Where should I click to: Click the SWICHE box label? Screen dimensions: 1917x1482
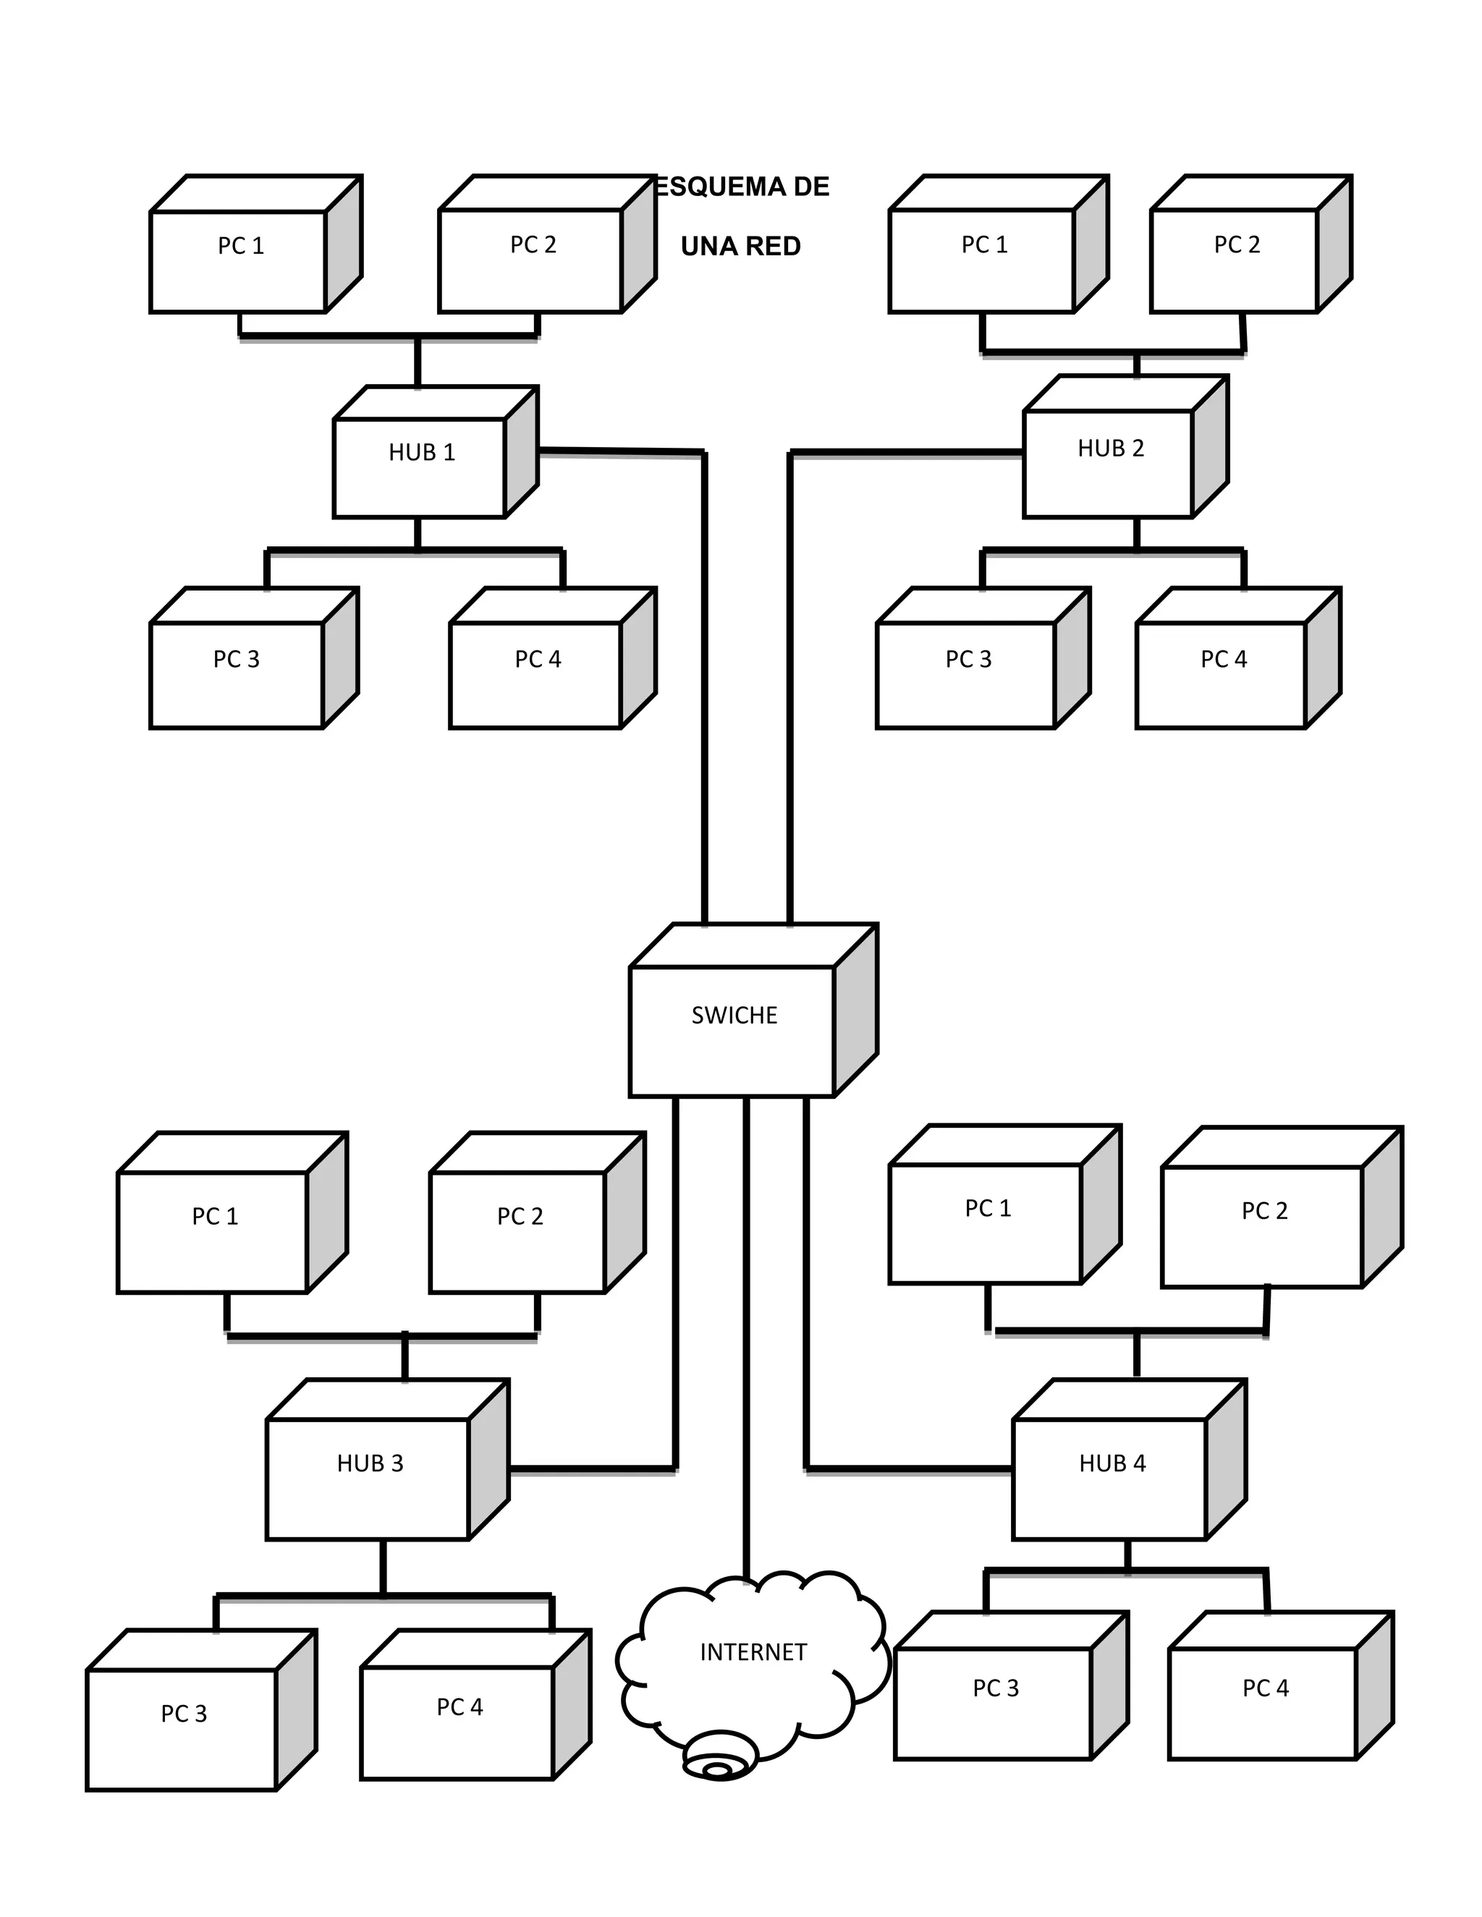pos(734,1016)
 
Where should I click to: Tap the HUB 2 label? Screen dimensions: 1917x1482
pos(1111,449)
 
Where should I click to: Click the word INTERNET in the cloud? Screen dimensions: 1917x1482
pos(753,1652)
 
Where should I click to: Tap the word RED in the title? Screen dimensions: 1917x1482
pos(774,247)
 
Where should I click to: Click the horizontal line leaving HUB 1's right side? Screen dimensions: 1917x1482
pos(623,452)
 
